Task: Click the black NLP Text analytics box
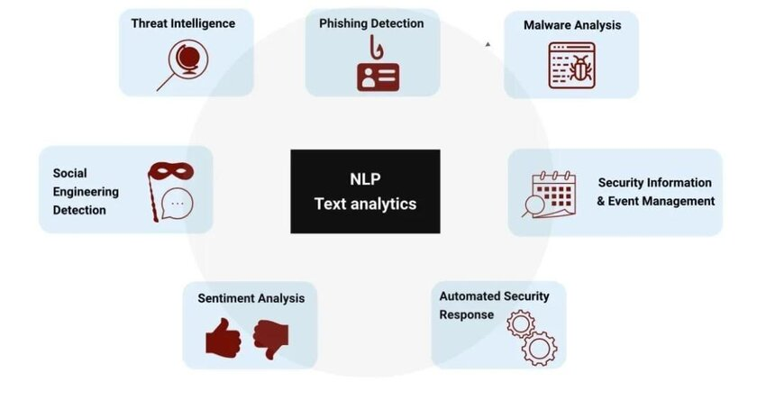pyautogui.click(x=365, y=192)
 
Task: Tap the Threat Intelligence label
pyautogui.click(x=183, y=23)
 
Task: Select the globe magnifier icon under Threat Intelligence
pyautogui.click(x=184, y=65)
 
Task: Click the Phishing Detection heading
pyautogui.click(x=371, y=23)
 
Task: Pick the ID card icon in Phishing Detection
pyautogui.click(x=378, y=77)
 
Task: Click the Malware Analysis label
pyautogui.click(x=572, y=25)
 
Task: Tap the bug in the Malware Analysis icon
pyautogui.click(x=579, y=68)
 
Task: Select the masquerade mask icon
pyautogui.click(x=171, y=171)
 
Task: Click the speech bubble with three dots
pyautogui.click(x=178, y=204)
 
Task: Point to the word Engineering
pyautogui.click(x=86, y=192)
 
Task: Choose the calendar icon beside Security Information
pyautogui.click(x=553, y=194)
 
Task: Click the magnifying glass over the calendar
pyautogui.click(x=534, y=205)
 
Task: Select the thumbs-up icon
pyautogui.click(x=223, y=338)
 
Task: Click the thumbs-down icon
pyautogui.click(x=271, y=339)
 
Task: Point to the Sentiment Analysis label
pyautogui.click(x=251, y=298)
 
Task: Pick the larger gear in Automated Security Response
pyautogui.click(x=539, y=349)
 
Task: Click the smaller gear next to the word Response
pyautogui.click(x=521, y=323)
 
